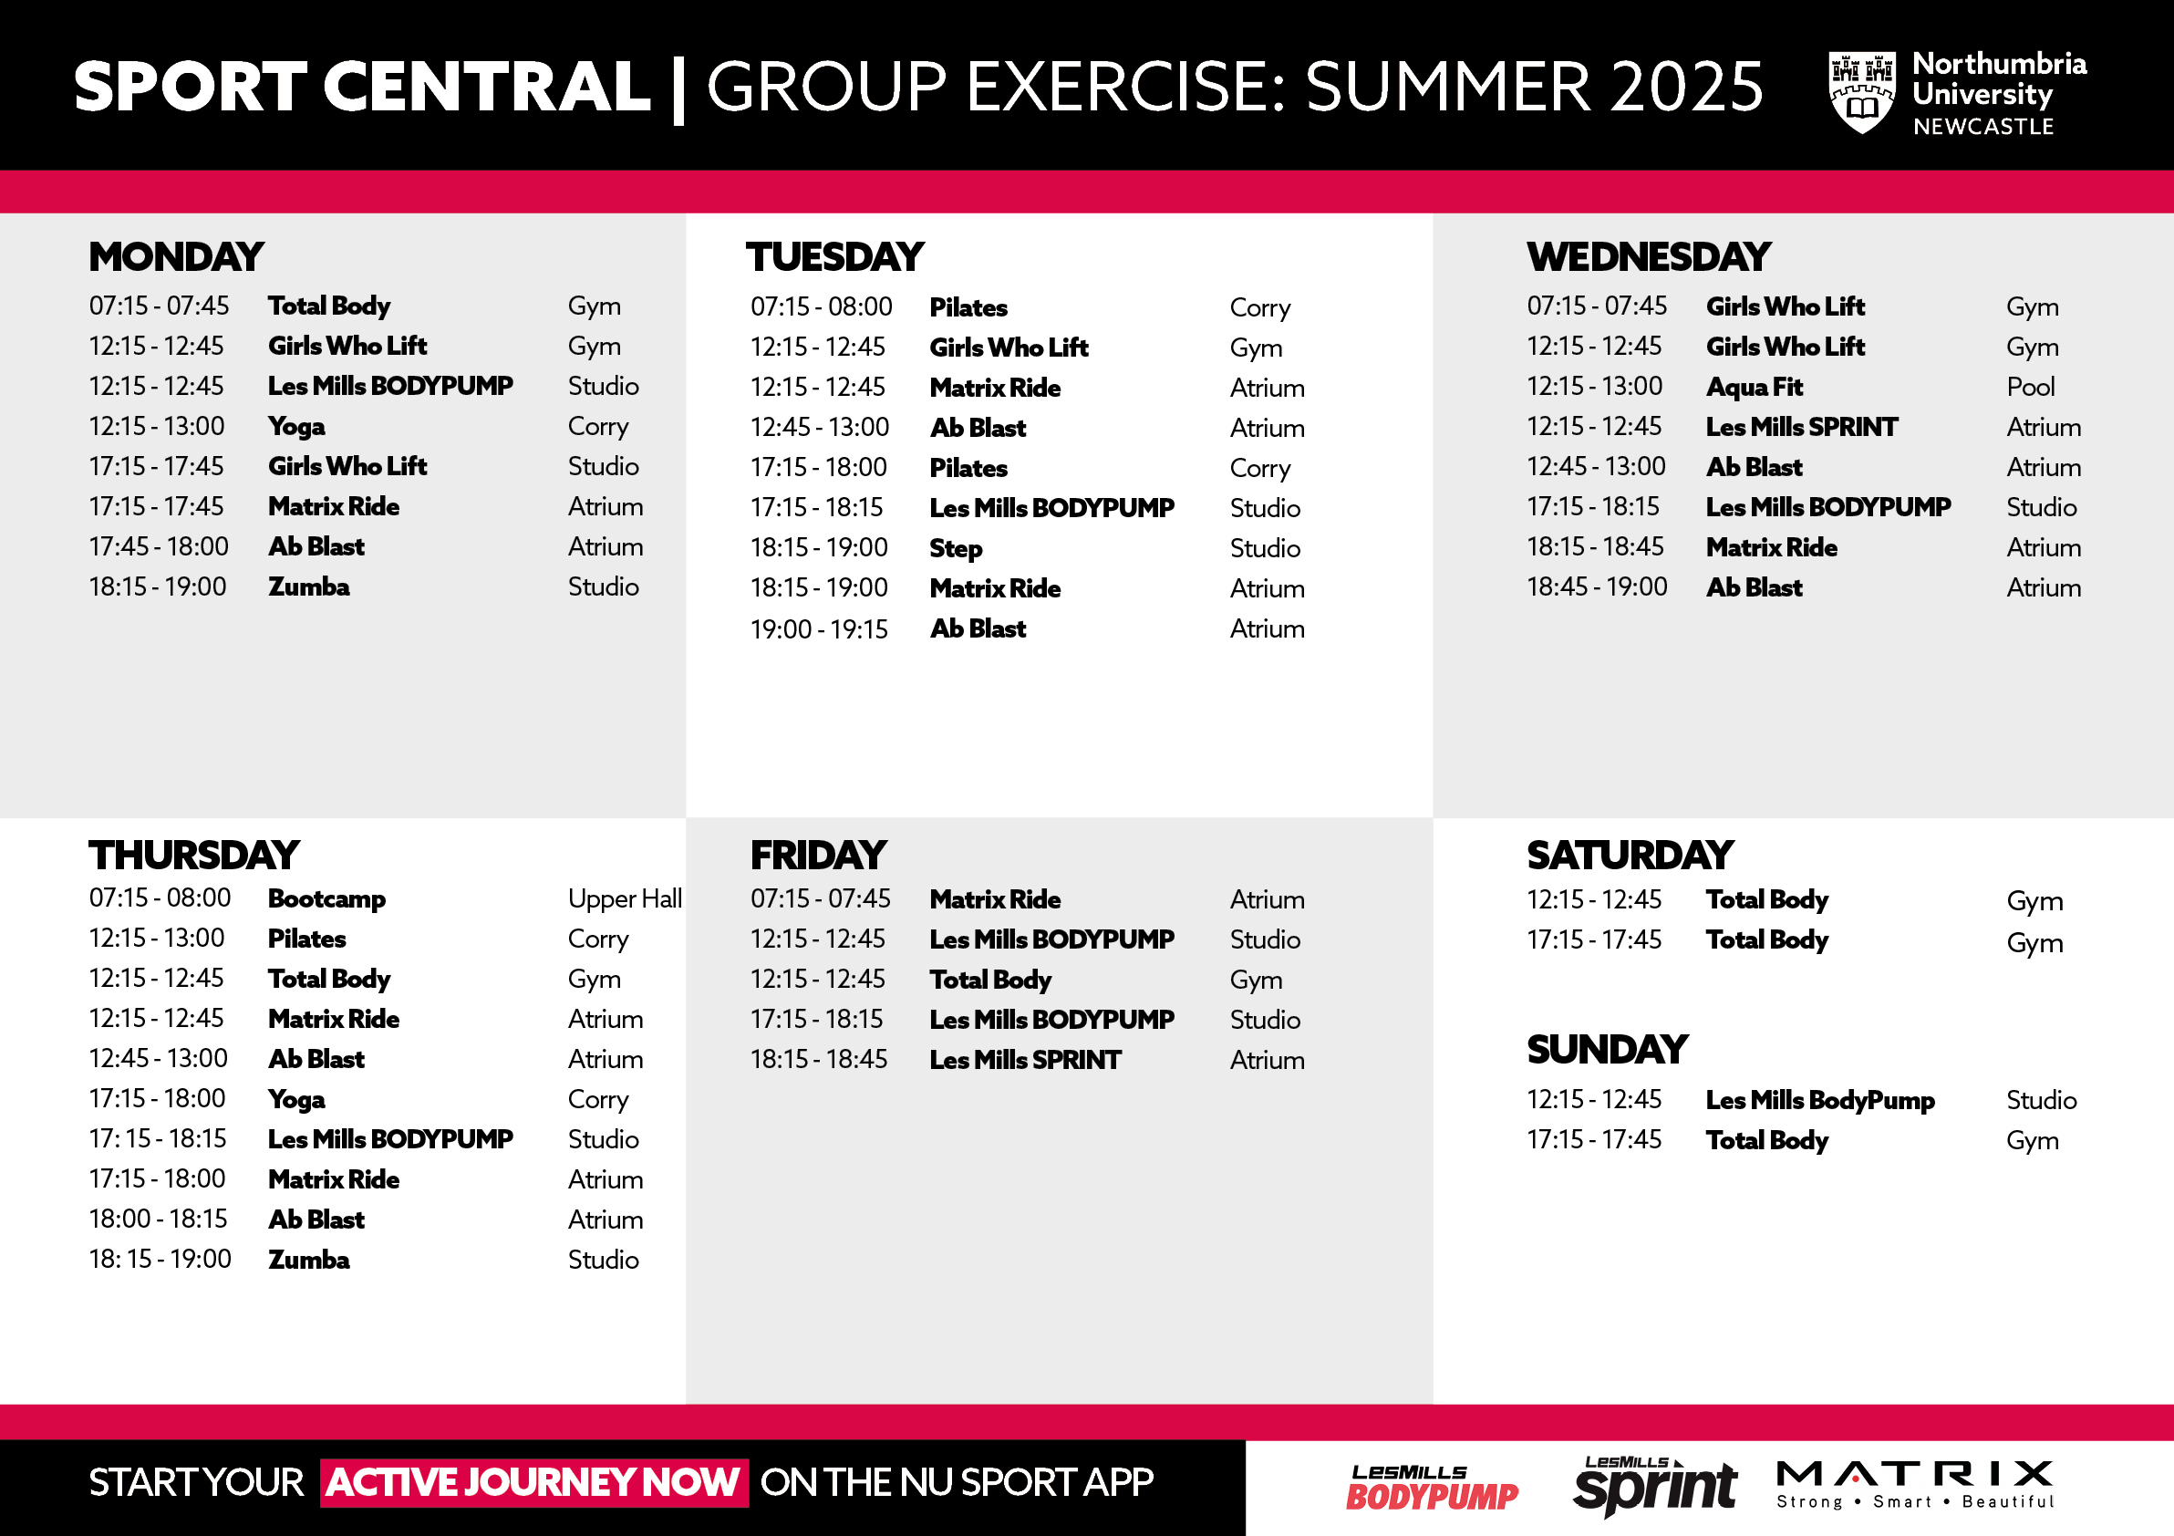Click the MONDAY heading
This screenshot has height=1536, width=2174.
pyautogui.click(x=176, y=256)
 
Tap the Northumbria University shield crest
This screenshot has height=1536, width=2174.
pyautogui.click(x=1861, y=92)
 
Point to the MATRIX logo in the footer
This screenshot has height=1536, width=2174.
pyautogui.click(x=1914, y=1484)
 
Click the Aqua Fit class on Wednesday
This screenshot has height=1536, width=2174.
pyautogui.click(x=1754, y=388)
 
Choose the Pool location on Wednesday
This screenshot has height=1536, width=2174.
pyautogui.click(x=2030, y=388)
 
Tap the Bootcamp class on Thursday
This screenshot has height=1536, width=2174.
pyautogui.click(x=326, y=898)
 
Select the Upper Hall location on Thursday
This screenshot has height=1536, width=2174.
pyautogui.click(x=625, y=898)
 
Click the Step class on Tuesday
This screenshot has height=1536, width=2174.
pyautogui.click(x=956, y=548)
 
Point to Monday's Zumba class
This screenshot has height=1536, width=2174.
pyautogui.click(x=308, y=587)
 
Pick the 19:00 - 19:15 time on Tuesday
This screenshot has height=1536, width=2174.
pyautogui.click(x=819, y=628)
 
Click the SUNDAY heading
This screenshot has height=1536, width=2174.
pyautogui.click(x=1607, y=1048)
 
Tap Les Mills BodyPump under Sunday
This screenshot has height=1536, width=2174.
pyautogui.click(x=1820, y=1100)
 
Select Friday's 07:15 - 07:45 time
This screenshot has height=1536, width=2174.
pyautogui.click(x=820, y=898)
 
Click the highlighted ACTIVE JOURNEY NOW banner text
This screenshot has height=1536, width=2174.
pyautogui.click(x=534, y=1482)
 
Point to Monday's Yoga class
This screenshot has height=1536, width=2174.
pyautogui.click(x=296, y=427)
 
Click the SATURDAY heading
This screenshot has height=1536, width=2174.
pyautogui.click(x=1630, y=856)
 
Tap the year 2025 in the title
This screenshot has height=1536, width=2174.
pyautogui.click(x=1686, y=88)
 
